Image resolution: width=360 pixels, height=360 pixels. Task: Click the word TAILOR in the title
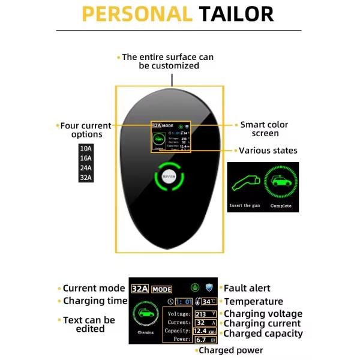236,14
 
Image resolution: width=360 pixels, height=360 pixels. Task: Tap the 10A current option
86,148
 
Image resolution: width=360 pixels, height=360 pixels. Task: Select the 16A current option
86,158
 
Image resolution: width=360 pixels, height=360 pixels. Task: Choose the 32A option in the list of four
86,178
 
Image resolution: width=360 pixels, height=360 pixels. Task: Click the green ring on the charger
170,177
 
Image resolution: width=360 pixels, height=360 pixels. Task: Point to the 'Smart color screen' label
264,129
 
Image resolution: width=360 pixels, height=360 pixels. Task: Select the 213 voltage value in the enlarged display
200,314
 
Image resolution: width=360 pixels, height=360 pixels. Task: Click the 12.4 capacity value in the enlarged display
200,331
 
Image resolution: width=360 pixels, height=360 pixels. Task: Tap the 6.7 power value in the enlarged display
200,339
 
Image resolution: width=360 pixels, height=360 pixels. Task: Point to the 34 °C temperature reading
209,301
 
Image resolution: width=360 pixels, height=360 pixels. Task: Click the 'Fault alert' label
247,289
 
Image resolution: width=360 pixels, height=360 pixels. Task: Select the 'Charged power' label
230,350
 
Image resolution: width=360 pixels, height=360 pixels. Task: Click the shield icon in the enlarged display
209,288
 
